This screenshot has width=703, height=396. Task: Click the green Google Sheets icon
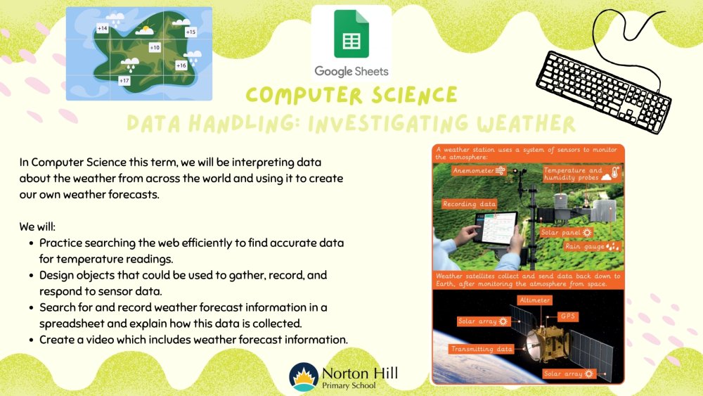[351, 34]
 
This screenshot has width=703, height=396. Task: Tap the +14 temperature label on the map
[102, 28]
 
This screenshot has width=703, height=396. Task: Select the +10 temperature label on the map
[155, 47]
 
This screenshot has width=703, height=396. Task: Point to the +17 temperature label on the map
[124, 81]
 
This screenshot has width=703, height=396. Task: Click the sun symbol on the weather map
[145, 30]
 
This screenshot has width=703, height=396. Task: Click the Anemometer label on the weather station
[479, 170]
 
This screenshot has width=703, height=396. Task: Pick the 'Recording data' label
[470, 204]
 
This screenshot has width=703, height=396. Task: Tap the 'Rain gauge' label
[592, 246]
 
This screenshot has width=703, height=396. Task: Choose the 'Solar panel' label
[566, 232]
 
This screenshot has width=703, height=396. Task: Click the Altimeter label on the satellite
[534, 300]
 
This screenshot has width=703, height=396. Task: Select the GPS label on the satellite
[567, 317]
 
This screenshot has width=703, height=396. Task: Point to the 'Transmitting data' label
[482, 349]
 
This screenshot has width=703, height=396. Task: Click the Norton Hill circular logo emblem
[304, 377]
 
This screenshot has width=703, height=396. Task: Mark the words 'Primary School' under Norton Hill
[349, 385]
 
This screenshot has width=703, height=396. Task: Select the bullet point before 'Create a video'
[31, 340]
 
